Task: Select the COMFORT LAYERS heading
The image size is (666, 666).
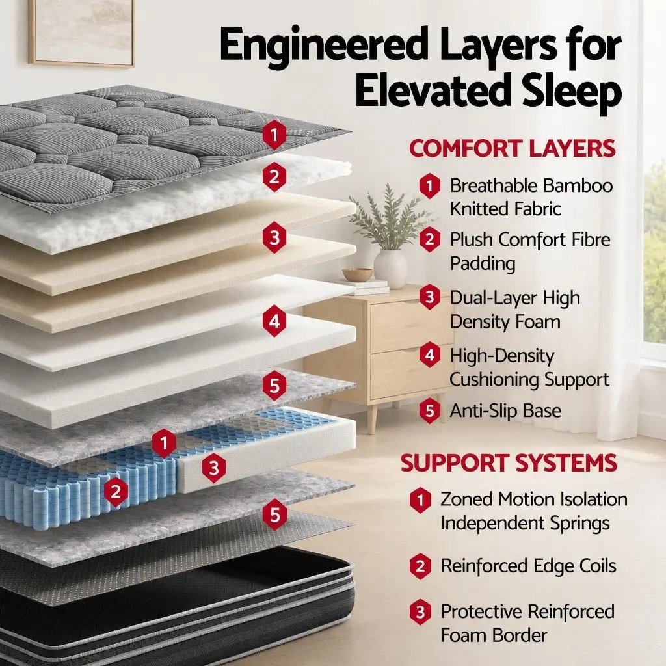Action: click(513, 149)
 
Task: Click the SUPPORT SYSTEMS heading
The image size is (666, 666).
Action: click(509, 462)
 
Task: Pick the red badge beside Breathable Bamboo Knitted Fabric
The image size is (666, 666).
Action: click(429, 185)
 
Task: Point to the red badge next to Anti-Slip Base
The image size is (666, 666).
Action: click(429, 411)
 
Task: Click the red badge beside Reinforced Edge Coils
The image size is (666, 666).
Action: click(421, 566)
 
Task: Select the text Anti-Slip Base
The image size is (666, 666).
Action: click(505, 411)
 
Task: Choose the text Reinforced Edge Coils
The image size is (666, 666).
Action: click(528, 566)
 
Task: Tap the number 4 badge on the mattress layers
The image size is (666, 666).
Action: click(274, 321)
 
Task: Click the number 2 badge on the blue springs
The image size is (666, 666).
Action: click(116, 492)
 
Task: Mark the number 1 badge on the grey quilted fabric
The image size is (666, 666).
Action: click(274, 135)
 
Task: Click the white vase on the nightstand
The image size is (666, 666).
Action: click(390, 268)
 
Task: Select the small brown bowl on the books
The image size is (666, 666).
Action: click(358, 274)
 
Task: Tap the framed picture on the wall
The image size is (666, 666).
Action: click(81, 33)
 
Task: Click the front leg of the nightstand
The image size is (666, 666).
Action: click(373, 418)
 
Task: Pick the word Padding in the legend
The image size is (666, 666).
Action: click(483, 264)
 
